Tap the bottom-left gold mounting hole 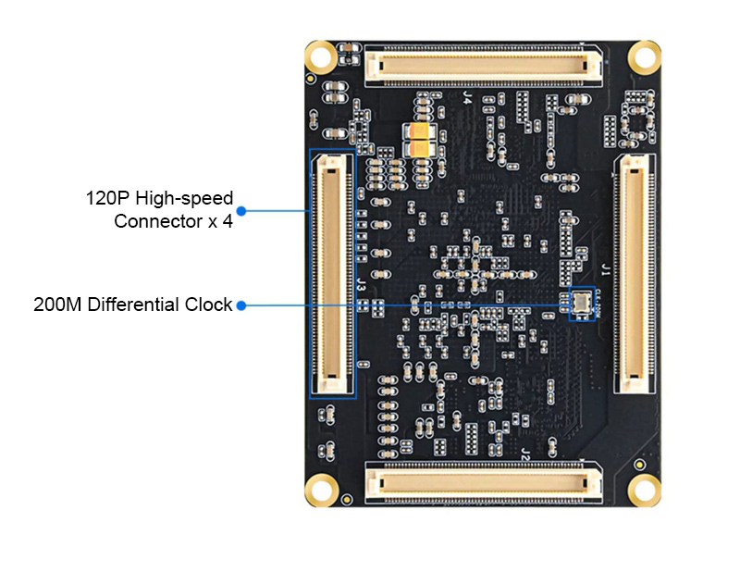[x=321, y=490]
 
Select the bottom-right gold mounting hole [x=644, y=490]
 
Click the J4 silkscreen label [x=467, y=98]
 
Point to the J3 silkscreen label [x=361, y=285]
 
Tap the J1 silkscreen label [x=606, y=270]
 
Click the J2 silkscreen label [x=525, y=454]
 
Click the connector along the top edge [x=483, y=65]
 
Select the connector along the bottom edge [x=483, y=483]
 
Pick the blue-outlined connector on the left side [x=332, y=274]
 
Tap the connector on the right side [x=635, y=274]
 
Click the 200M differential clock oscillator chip [x=582, y=302]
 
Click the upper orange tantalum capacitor [x=420, y=131]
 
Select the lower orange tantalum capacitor [x=420, y=148]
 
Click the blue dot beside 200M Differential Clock [x=241, y=305]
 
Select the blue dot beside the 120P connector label [x=241, y=211]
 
